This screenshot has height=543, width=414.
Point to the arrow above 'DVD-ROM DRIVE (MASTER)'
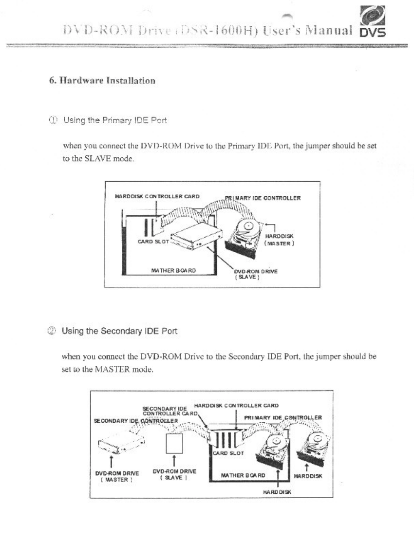[x=113, y=461]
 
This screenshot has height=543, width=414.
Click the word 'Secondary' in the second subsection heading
[x=120, y=331]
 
